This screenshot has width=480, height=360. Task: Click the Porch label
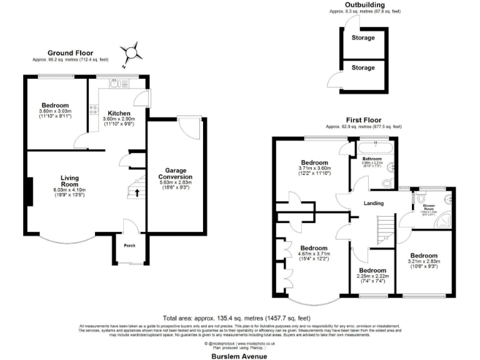(x=129, y=246)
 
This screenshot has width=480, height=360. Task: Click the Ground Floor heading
(x=70, y=53)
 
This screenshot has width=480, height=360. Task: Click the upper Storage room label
(x=363, y=38)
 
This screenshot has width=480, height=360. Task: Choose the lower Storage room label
(x=363, y=67)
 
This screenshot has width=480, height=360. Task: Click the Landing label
(x=374, y=203)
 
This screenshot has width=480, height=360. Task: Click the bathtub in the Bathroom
(x=376, y=147)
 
